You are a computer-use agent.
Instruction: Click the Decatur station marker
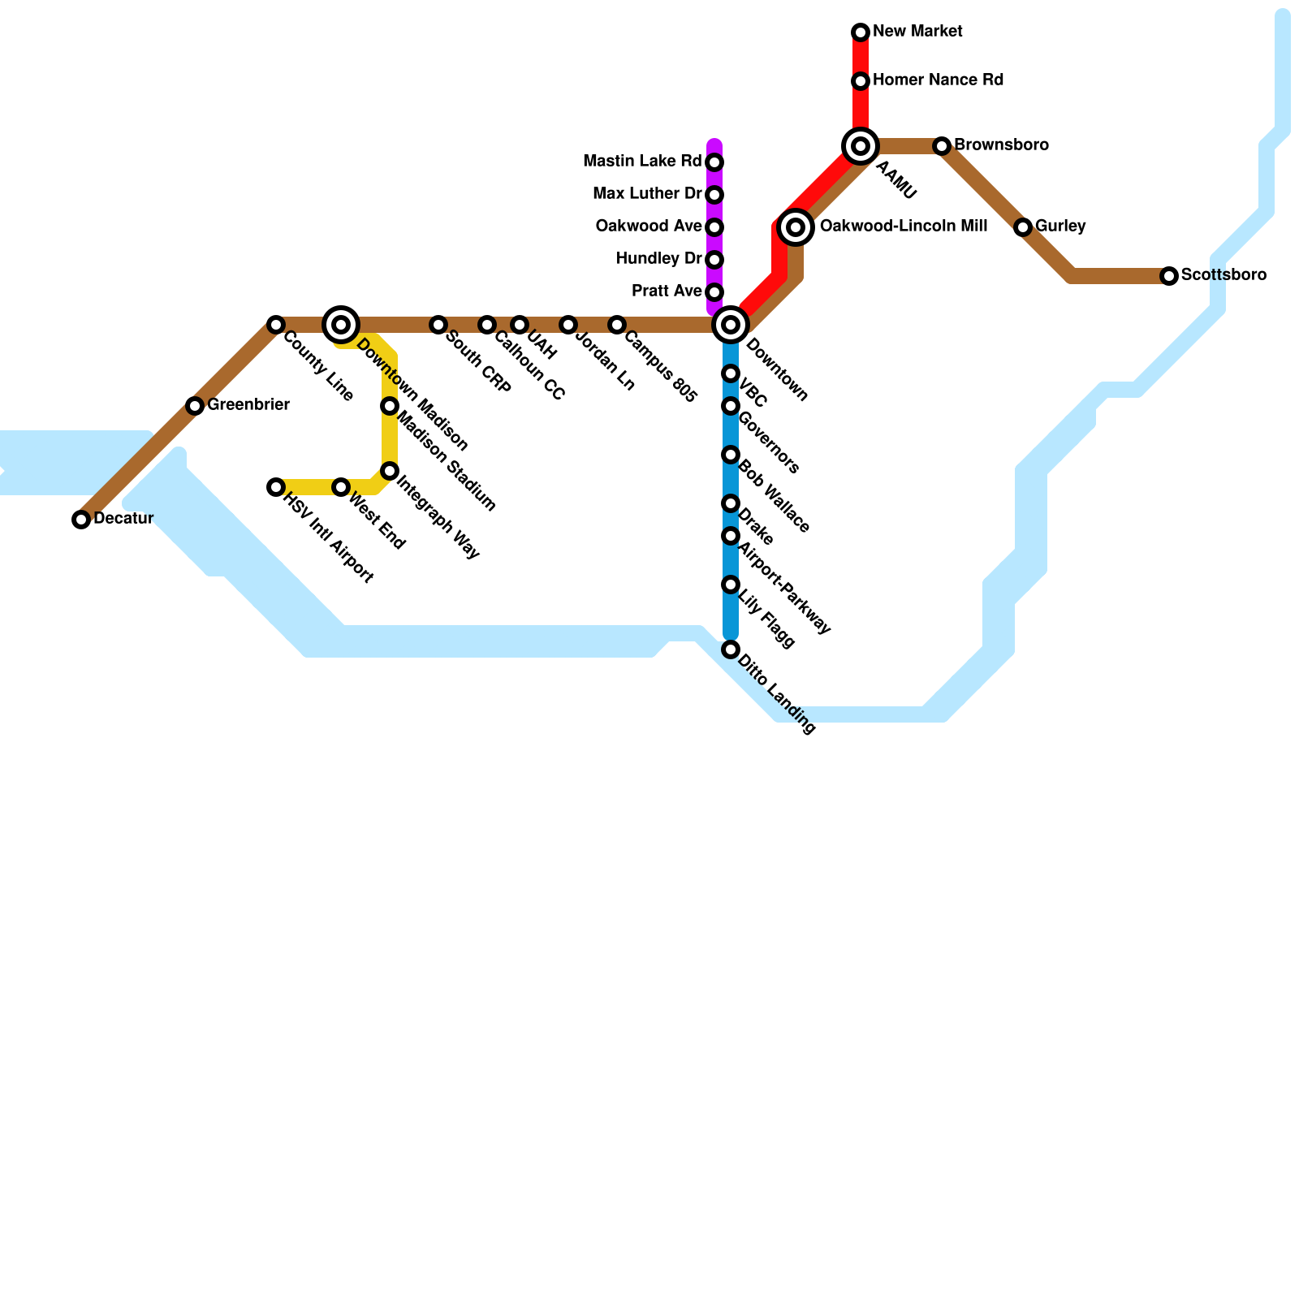81,520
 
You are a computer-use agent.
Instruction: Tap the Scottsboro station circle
1169,276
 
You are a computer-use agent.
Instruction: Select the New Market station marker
861,32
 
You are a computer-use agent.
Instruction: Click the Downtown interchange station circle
731,325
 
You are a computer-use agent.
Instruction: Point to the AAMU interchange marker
861,146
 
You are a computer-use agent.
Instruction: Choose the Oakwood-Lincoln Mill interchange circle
796,227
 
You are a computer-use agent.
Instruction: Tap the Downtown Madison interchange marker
341,325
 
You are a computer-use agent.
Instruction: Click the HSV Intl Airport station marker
276,487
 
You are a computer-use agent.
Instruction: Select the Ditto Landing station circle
731,649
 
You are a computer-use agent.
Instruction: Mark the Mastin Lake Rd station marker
714,162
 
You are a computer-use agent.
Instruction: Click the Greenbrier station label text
248,405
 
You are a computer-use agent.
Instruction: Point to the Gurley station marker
1023,227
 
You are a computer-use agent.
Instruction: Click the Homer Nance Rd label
938,80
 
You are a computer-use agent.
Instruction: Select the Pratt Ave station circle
714,292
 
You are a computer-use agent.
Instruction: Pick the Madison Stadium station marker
390,406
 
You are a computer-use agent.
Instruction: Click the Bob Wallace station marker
731,455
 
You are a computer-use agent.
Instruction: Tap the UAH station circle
520,325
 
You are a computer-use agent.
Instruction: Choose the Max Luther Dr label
647,194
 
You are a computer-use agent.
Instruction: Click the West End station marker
341,487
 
